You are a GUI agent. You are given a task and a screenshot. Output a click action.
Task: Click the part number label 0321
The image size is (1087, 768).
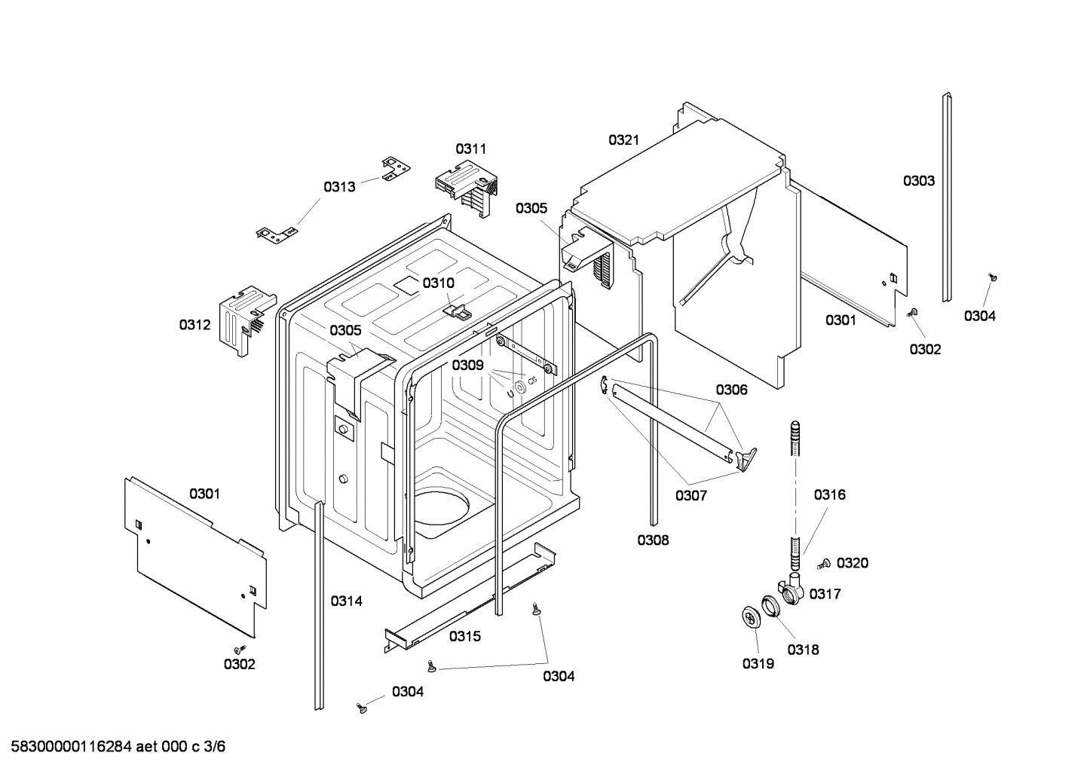[623, 139]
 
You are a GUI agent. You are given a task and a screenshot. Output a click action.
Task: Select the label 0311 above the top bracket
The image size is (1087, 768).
[470, 148]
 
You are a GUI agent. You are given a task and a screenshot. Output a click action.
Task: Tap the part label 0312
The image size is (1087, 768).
[194, 325]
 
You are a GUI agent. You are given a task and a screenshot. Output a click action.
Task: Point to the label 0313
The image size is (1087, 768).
[339, 186]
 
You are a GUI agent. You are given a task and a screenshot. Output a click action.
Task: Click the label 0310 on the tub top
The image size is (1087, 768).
[438, 283]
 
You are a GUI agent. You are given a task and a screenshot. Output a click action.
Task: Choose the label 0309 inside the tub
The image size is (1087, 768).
[467, 365]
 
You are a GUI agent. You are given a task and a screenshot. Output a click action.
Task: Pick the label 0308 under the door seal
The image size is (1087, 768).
[653, 540]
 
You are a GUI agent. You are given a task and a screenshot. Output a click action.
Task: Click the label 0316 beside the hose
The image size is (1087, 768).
[829, 494]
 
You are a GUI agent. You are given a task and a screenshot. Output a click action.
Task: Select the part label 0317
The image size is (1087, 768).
[825, 594]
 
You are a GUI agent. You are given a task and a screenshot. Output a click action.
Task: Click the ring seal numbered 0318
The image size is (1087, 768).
[771, 606]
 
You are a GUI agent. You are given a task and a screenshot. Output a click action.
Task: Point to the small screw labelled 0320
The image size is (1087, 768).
[823, 563]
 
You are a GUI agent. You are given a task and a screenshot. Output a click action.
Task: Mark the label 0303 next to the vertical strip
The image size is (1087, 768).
[919, 180]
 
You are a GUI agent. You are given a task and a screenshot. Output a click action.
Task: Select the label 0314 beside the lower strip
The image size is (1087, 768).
[346, 601]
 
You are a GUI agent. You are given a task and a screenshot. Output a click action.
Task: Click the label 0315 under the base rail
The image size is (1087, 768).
[465, 636]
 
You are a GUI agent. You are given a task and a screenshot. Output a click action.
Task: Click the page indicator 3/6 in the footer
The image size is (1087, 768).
[215, 747]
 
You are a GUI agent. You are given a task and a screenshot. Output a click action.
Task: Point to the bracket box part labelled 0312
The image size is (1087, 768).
[241, 317]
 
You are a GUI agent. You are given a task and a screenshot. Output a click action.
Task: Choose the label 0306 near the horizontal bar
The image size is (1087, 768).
[731, 390]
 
